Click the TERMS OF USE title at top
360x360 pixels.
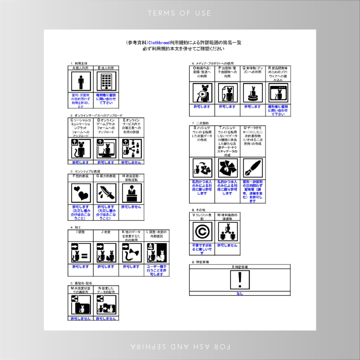click(x=180, y=13)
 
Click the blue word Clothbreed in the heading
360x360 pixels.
click(x=159, y=43)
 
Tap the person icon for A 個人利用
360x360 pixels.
click(x=81, y=82)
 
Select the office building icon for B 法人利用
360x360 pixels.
click(x=106, y=82)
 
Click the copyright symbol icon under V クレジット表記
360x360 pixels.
click(x=202, y=232)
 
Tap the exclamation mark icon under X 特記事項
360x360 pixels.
click(x=240, y=280)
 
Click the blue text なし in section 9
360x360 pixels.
click(x=240, y=294)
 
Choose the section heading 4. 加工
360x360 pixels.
click(x=76, y=227)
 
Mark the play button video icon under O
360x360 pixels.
click(x=202, y=93)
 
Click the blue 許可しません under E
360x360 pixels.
click(x=131, y=162)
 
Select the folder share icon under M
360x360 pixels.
click(x=81, y=305)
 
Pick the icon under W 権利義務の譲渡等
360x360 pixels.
click(x=227, y=232)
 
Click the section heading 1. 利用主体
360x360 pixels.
click(x=79, y=64)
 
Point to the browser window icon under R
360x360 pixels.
click(x=278, y=93)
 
